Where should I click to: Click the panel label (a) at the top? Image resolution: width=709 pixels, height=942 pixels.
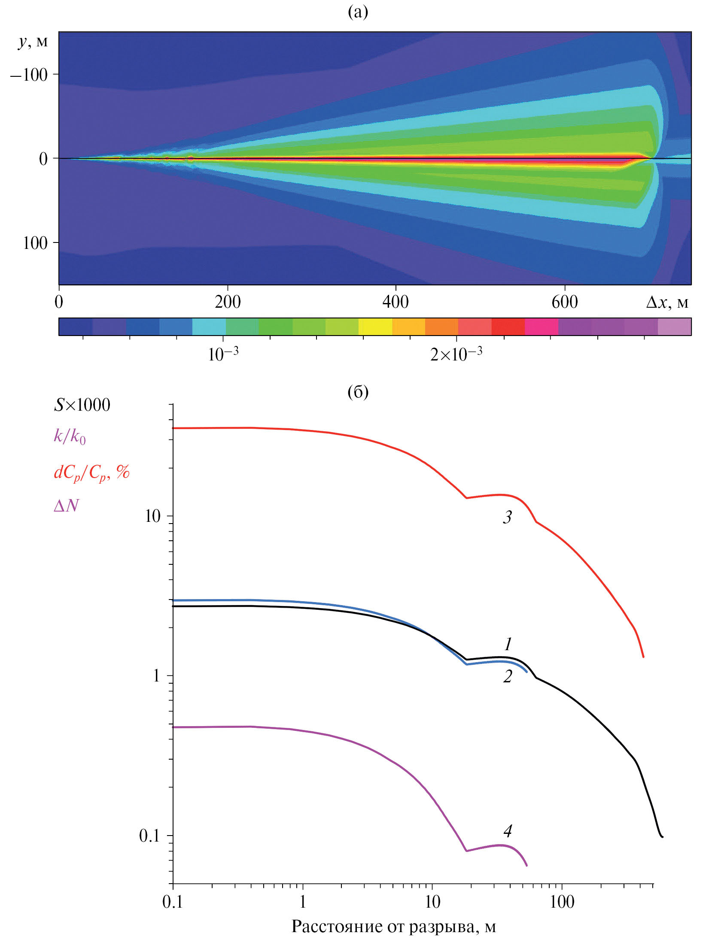[x=358, y=12]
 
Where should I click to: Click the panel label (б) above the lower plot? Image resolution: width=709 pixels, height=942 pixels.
[x=358, y=392]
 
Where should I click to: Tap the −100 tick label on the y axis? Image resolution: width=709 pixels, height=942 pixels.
[x=29, y=75]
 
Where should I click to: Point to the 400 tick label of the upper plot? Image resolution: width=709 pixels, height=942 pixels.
[x=395, y=302]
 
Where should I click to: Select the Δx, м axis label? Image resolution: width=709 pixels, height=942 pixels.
[x=667, y=303]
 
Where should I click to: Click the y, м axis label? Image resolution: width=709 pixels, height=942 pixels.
[x=33, y=42]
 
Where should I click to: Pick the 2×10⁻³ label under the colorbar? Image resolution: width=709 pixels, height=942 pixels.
[x=456, y=354]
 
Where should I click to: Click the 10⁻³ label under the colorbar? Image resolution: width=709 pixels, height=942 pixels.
[x=223, y=354]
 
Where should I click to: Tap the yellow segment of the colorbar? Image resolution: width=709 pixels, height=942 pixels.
[x=375, y=327]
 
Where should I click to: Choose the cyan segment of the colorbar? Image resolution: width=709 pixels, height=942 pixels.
[x=209, y=327]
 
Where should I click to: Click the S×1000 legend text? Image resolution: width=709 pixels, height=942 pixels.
[x=82, y=405]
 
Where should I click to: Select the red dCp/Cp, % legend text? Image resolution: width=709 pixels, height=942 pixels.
[x=91, y=473]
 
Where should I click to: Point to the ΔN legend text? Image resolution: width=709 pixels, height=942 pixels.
[x=66, y=506]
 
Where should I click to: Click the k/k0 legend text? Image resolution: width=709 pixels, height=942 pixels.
[x=70, y=436]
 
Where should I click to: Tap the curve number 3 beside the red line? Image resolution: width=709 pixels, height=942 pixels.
[x=507, y=517]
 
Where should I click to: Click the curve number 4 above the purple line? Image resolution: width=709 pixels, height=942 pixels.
[x=508, y=831]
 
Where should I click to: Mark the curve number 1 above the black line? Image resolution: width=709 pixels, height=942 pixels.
[x=508, y=644]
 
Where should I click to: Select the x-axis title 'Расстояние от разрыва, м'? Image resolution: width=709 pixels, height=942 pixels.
[x=393, y=927]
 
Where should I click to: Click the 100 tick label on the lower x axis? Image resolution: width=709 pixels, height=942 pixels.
[x=562, y=902]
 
